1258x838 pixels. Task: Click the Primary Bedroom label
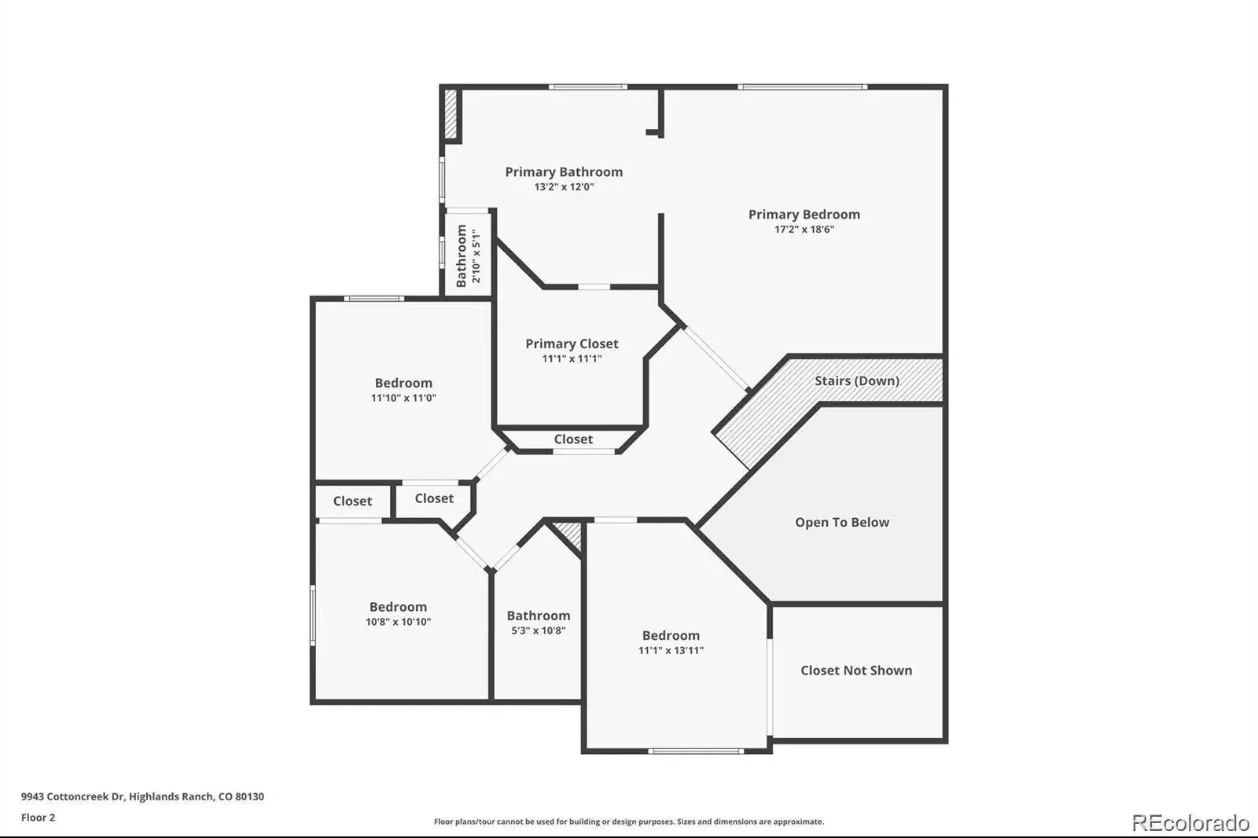pyautogui.click(x=804, y=215)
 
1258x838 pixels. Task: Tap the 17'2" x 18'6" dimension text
pyautogui.click(x=804, y=230)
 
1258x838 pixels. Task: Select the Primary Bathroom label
pyautogui.click(x=564, y=172)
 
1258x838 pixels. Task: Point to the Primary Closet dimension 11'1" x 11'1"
pyautogui.click(x=572, y=358)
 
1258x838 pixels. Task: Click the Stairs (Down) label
pyautogui.click(x=857, y=380)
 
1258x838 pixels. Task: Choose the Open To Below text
pyautogui.click(x=842, y=522)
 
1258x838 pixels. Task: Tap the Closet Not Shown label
pyautogui.click(x=856, y=670)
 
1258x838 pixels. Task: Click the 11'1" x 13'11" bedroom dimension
pyautogui.click(x=671, y=650)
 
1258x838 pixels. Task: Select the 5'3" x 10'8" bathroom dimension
pyautogui.click(x=538, y=630)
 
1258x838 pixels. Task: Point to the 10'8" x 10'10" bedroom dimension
pyautogui.click(x=398, y=622)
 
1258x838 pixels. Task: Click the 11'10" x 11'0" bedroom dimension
pyautogui.click(x=403, y=398)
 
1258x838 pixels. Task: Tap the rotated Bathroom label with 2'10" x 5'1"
pyautogui.click(x=469, y=256)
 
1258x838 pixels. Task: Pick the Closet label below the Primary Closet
pyautogui.click(x=573, y=439)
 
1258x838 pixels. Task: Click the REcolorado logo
pyautogui.click(x=1190, y=823)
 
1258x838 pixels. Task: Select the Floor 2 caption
pyautogui.click(x=39, y=818)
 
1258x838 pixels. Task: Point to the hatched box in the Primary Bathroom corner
pyautogui.click(x=451, y=114)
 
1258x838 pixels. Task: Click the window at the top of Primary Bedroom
pyautogui.click(x=802, y=87)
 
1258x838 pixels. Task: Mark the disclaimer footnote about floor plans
pyautogui.click(x=629, y=821)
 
